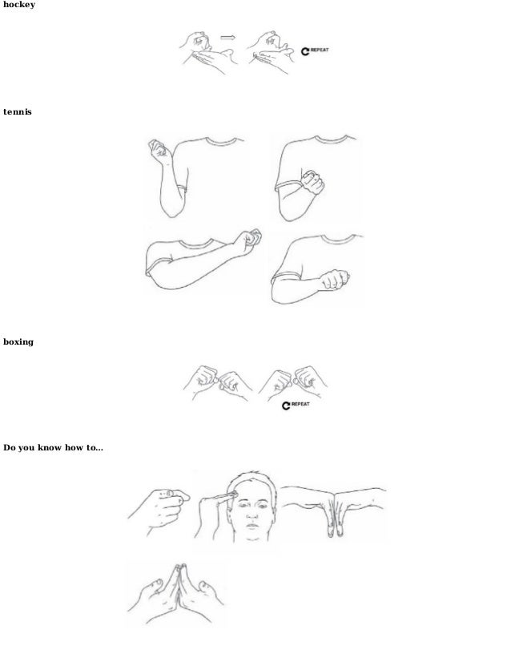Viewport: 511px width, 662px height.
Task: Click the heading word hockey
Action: pyautogui.click(x=18, y=5)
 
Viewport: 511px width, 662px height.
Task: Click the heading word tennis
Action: pyautogui.click(x=16, y=111)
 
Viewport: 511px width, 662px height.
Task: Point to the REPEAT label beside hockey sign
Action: pyautogui.click(x=319, y=50)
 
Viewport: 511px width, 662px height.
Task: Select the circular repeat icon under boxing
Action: pyautogui.click(x=286, y=407)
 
